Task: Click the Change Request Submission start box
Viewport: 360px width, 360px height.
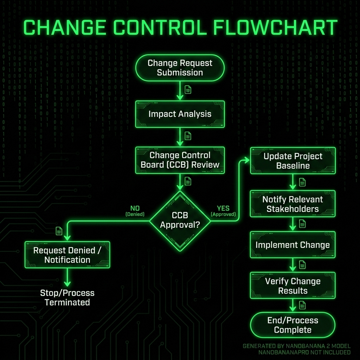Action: click(180, 68)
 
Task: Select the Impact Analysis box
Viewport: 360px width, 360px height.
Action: click(180, 114)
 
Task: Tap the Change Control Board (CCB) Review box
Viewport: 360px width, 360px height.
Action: click(180, 160)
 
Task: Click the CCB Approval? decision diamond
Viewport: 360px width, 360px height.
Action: click(180, 220)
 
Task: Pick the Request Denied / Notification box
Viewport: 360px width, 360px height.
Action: click(67, 255)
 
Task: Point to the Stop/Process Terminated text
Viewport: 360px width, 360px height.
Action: click(67, 297)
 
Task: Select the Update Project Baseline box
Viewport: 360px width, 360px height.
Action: click(293, 161)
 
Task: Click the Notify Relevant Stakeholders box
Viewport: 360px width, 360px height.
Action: click(293, 204)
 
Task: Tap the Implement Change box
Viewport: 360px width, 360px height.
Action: click(293, 245)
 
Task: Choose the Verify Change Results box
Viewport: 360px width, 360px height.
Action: click(293, 286)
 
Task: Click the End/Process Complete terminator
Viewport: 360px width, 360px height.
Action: click(293, 325)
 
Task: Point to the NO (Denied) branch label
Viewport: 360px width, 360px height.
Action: click(135, 211)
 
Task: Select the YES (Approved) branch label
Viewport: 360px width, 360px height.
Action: click(223, 211)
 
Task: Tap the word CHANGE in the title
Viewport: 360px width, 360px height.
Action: click(63, 28)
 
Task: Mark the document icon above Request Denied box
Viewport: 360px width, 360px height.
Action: click(59, 231)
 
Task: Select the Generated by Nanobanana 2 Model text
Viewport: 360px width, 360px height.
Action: click(296, 346)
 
